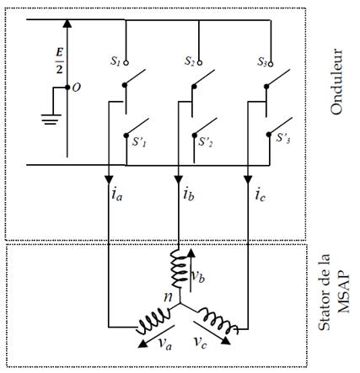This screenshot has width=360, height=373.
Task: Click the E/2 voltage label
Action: (59, 61)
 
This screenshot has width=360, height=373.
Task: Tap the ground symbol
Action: (51, 119)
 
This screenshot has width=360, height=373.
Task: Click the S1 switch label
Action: (115, 61)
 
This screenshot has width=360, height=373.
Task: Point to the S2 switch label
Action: (190, 61)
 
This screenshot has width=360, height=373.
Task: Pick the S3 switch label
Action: (262, 61)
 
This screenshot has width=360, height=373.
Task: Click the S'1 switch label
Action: (140, 141)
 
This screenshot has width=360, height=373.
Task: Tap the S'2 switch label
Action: (206, 141)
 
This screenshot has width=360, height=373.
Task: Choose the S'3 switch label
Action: (283, 138)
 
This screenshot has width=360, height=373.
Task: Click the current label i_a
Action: (117, 194)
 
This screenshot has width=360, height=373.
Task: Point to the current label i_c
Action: (261, 194)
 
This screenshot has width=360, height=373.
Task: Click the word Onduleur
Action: (336, 82)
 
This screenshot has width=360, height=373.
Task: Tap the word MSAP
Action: (344, 292)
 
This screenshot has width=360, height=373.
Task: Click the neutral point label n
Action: (168, 297)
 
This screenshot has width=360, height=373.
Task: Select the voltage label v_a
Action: (165, 343)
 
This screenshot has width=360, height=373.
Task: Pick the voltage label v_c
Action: (200, 342)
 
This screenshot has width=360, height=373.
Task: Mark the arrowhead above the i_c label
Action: (248, 180)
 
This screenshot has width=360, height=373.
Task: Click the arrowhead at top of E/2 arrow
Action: (67, 24)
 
